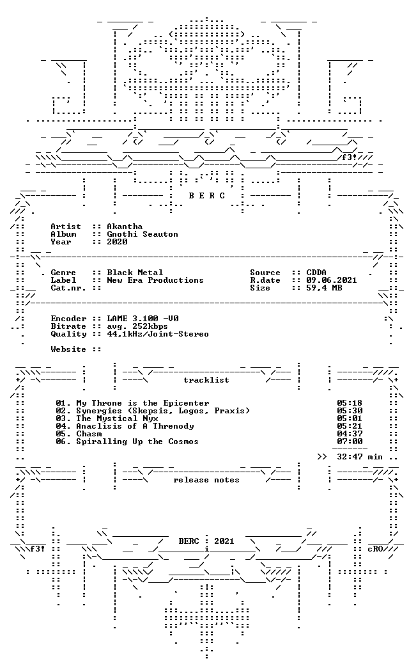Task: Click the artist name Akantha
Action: [x=125, y=227]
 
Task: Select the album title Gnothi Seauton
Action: [x=143, y=234]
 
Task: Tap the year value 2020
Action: [x=117, y=242]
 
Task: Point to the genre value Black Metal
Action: [x=135, y=272]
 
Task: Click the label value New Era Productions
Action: [x=155, y=280]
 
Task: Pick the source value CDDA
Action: [x=316, y=272]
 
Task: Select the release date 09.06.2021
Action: [x=332, y=280]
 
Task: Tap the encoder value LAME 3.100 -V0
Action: [x=143, y=318]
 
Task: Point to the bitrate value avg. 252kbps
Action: [x=137, y=326]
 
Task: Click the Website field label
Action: [x=68, y=349]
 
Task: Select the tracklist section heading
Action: [x=206, y=380]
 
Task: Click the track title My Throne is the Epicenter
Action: [x=143, y=403]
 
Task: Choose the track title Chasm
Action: [x=89, y=434]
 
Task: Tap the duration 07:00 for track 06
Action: [x=350, y=441]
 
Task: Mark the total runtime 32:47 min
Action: [x=360, y=457]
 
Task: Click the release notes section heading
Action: [x=206, y=480]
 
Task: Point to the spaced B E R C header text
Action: [x=207, y=196]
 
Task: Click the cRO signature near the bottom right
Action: [x=375, y=549]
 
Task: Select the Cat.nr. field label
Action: [x=68, y=288]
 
